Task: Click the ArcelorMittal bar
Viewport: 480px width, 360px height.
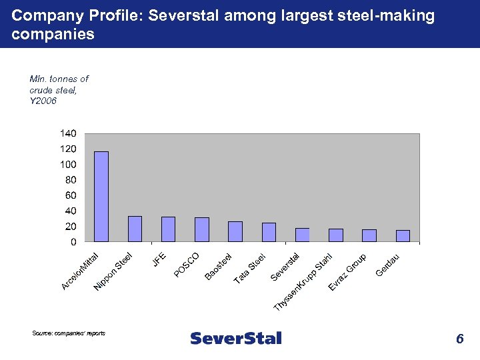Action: [101, 197]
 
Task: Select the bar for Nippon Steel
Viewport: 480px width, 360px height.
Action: [135, 229]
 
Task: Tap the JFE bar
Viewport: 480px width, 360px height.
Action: [168, 229]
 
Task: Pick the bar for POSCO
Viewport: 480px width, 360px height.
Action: [201, 229]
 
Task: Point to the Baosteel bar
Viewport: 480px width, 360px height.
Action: [235, 231]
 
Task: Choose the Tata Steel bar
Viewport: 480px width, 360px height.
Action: [269, 232]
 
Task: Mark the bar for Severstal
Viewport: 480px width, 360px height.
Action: [302, 235]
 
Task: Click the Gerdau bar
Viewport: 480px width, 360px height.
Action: [403, 235]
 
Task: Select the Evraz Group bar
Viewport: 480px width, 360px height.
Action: [369, 235]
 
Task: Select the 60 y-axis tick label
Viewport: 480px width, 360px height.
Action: [70, 195]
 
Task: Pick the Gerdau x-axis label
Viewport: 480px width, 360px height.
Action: [388, 265]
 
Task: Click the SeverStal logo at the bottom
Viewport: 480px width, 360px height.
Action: [236, 339]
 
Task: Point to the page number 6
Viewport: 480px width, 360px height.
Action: [459, 339]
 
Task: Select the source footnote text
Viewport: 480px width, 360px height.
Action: [68, 333]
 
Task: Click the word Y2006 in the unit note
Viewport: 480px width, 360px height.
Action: [43, 101]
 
